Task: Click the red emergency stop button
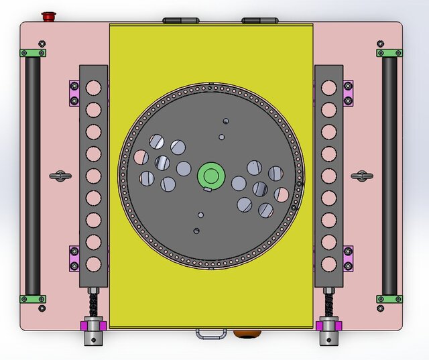[x=48, y=15]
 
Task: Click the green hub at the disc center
[x=210, y=176]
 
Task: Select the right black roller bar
[x=389, y=176]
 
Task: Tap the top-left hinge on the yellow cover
[x=178, y=21]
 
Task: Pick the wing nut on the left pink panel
[x=60, y=176]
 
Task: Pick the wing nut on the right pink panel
[x=362, y=176]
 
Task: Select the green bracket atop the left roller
[x=33, y=53]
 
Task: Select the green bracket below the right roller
[x=389, y=299]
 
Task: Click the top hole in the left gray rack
[x=94, y=87]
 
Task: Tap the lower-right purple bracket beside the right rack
[x=349, y=258]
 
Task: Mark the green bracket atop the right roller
[x=389, y=53]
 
